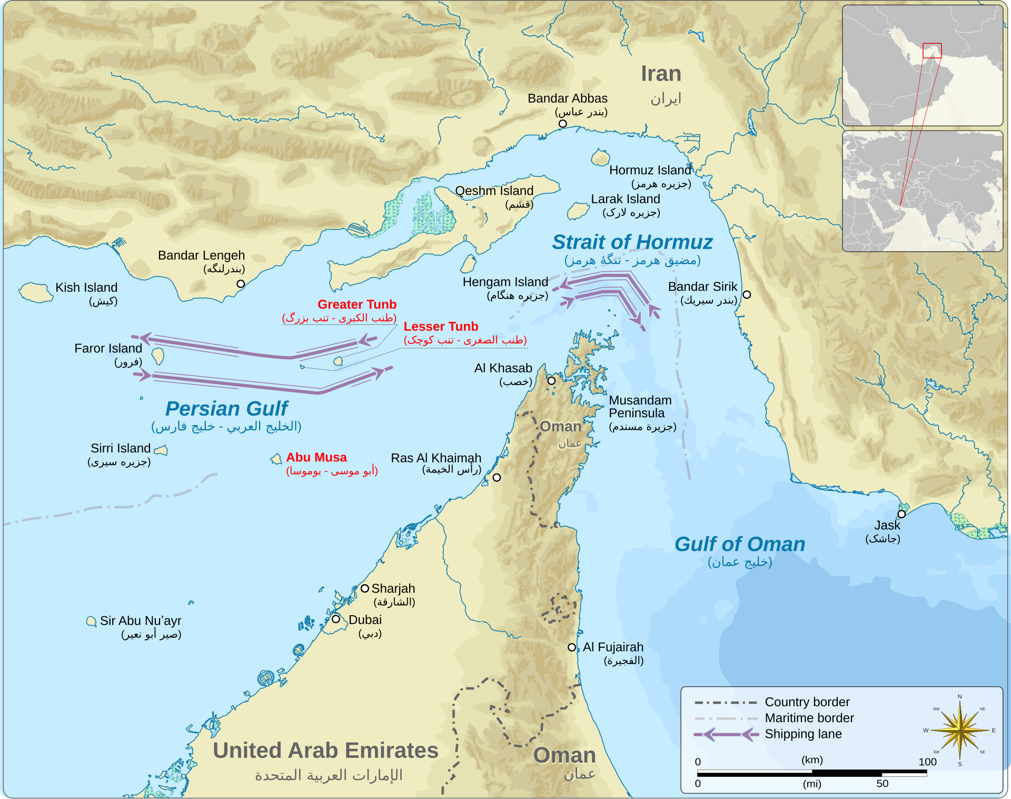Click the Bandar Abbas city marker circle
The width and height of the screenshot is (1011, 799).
click(562, 124)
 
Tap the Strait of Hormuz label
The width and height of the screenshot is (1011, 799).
click(632, 242)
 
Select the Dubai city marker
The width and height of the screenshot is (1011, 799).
click(335, 619)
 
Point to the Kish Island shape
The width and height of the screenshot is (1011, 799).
click(35, 292)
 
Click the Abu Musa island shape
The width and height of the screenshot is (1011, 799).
click(276, 459)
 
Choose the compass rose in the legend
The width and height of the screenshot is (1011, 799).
click(959, 731)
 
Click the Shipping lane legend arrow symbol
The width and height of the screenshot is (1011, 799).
click(726, 734)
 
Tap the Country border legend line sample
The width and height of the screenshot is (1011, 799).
click(726, 703)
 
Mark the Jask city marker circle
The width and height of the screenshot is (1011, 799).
click(901, 514)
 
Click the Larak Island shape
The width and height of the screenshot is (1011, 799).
click(578, 211)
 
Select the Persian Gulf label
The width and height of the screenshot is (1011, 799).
click(226, 409)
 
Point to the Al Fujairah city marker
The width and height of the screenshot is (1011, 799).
click(572, 647)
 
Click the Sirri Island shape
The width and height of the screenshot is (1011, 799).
click(161, 450)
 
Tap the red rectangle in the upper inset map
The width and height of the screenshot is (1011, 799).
click(932, 51)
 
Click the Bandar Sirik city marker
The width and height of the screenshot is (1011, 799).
click(747, 295)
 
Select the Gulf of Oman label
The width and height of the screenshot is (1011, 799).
click(740, 544)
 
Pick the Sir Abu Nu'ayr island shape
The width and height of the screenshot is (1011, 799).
click(91, 622)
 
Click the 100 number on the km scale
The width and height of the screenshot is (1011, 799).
click(927, 762)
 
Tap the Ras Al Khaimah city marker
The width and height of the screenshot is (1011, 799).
click(497, 478)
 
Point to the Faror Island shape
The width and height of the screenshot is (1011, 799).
click(157, 356)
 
